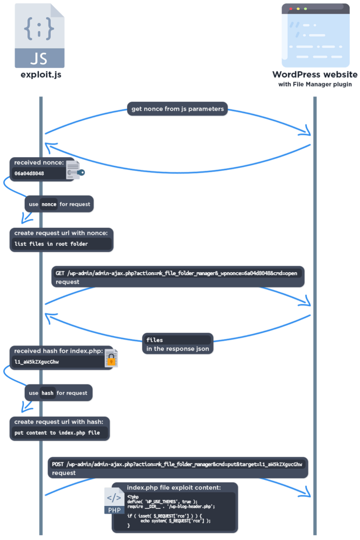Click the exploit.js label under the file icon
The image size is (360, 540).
[41, 75]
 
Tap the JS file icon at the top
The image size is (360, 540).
[40, 35]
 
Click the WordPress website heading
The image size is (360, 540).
[315, 75]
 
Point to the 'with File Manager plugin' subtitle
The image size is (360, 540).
[315, 84]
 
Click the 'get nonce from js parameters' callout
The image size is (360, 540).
[177, 109]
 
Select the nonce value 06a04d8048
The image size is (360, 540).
[30, 173]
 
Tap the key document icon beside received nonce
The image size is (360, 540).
[74, 170]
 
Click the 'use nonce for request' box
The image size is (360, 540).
[59, 204]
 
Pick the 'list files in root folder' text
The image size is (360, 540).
[51, 244]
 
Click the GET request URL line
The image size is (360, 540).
[177, 273]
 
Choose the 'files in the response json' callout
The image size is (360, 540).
[177, 344]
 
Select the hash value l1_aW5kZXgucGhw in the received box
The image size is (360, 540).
[37, 362]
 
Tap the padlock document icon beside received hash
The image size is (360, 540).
[111, 359]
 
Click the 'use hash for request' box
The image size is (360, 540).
[59, 393]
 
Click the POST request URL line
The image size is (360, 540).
[177, 464]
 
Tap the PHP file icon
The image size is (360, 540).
[114, 500]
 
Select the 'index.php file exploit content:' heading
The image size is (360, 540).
[174, 487]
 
